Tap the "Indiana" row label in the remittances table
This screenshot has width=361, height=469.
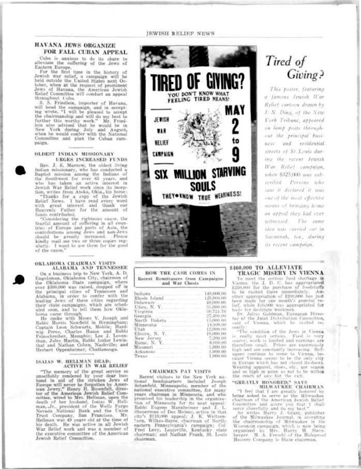[142, 293]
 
